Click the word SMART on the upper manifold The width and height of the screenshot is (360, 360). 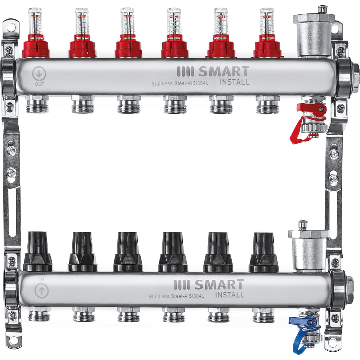pyautogui.click(x=223, y=71)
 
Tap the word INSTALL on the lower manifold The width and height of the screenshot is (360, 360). pyautogui.click(x=230, y=295)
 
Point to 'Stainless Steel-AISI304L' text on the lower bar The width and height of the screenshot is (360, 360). pyautogui.click(x=176, y=296)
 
